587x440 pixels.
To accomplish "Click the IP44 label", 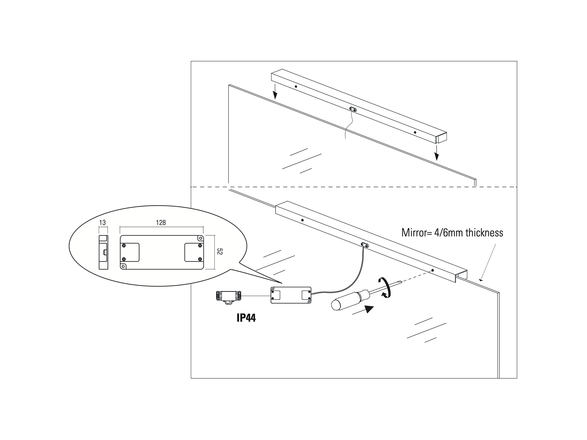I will tap(246, 318).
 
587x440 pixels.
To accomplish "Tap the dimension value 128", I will tap(161, 223).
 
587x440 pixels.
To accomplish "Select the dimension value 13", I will tap(102, 223).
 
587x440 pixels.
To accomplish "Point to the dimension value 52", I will tap(219, 252).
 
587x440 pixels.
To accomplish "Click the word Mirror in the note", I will tap(413, 232).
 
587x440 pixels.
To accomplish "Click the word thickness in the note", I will tap(484, 232).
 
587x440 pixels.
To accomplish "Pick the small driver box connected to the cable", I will tap(291, 295).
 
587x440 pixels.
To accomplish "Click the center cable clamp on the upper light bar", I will tap(354, 109).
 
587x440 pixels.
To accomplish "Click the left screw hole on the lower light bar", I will tap(302, 220).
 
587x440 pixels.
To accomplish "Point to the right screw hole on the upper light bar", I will tap(415, 132).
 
